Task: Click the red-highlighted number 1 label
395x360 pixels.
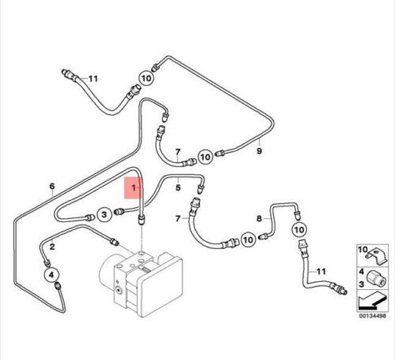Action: point(134,188)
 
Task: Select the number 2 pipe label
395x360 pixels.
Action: point(52,247)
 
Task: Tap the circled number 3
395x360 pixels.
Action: point(105,215)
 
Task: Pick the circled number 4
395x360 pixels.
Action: point(51,275)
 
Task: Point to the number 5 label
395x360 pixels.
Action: point(178,187)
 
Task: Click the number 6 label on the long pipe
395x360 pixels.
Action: point(52,186)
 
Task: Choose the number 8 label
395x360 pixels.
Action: point(259,218)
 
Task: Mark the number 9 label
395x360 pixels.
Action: point(259,151)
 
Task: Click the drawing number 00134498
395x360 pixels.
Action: point(372,316)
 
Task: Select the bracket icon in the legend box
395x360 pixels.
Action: point(377,256)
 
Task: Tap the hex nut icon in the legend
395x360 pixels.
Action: point(376,278)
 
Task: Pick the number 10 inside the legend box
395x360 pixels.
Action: point(363,250)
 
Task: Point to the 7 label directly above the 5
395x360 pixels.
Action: point(178,152)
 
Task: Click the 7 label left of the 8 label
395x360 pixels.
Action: point(178,218)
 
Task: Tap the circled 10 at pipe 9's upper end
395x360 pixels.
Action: point(146,78)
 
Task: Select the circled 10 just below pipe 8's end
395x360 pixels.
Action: point(299,230)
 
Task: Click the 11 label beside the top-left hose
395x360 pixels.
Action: point(93,79)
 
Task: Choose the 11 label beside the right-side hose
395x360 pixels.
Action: point(321,272)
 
